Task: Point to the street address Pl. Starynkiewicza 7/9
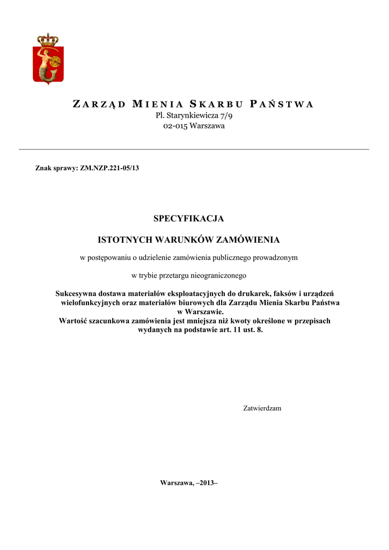[x=194, y=115]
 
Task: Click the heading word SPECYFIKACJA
[x=188, y=219]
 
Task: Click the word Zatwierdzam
[x=262, y=408]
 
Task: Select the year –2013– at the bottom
[x=208, y=483]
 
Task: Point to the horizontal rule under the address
[x=194, y=149]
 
